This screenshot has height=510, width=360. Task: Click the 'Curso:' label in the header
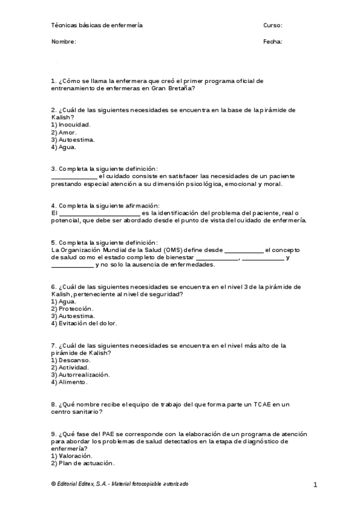click(x=272, y=25)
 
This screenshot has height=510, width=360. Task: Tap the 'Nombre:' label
click(x=64, y=42)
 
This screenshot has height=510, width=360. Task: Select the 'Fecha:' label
click(x=272, y=42)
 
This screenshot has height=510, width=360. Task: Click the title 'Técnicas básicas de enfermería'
click(x=97, y=25)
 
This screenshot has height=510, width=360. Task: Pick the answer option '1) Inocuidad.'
click(x=71, y=124)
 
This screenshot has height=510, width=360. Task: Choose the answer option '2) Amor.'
click(x=64, y=132)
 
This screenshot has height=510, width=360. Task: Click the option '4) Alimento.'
click(x=69, y=382)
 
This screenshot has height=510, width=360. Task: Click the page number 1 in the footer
click(x=315, y=485)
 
